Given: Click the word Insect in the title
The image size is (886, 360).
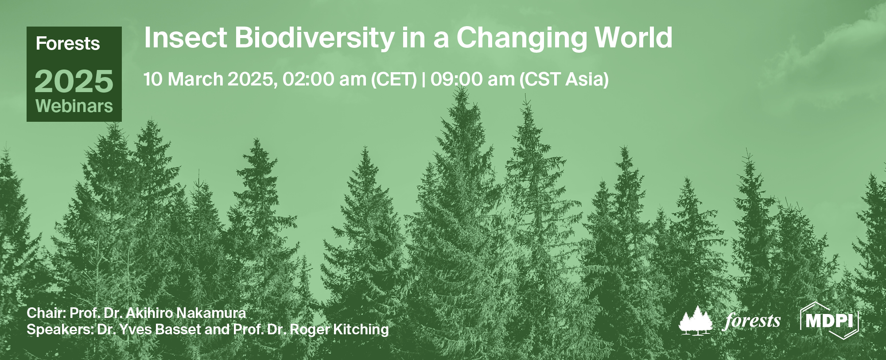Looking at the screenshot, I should (185, 38).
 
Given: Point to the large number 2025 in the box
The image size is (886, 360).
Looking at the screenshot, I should (74, 81).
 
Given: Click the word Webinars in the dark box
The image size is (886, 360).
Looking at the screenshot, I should (74, 106).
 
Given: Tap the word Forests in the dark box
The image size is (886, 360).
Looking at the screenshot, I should (68, 44).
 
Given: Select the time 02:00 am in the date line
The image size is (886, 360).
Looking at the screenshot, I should (324, 80).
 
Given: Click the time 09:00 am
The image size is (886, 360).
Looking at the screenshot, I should (472, 80).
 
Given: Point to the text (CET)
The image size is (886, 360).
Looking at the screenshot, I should (394, 80).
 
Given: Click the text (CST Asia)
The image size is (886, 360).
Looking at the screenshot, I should (564, 80).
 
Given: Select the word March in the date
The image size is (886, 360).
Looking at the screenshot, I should (195, 80).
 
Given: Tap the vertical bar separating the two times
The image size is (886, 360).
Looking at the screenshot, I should (424, 80).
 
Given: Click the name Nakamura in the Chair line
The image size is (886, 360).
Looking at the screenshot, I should (211, 313).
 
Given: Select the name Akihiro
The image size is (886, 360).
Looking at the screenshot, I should (149, 313).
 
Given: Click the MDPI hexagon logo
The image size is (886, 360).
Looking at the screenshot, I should (829, 320).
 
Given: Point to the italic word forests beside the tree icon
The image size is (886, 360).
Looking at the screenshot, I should (752, 321).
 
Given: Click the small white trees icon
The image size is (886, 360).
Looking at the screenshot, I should (696, 320).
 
